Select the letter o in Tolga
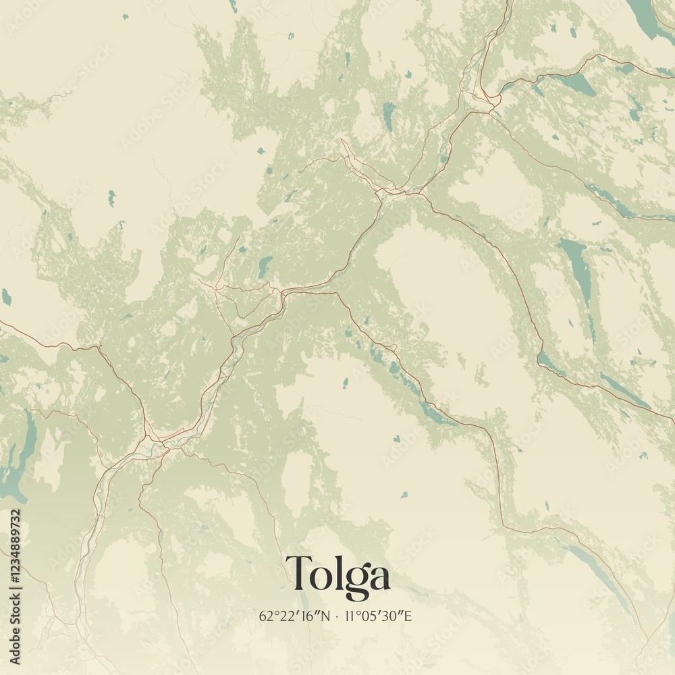(x=320, y=578)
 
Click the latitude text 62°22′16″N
(x=295, y=616)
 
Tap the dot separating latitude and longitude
(x=336, y=616)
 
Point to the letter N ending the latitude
(x=326, y=616)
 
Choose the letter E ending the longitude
(x=408, y=616)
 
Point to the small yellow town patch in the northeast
(x=481, y=94)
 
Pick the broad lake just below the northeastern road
(x=577, y=84)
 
